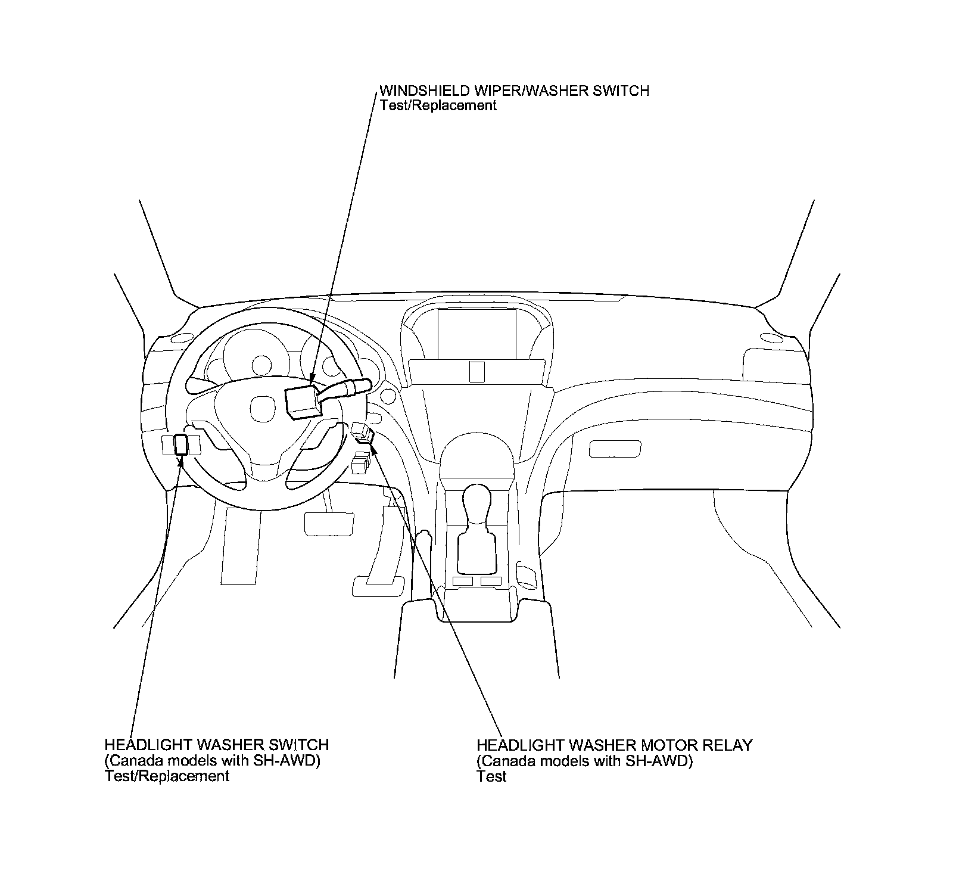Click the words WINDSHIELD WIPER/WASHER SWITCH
click(514, 91)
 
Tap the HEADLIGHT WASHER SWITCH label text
click(216, 745)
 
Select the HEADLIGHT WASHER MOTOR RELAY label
click(614, 745)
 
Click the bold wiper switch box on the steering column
click(303, 401)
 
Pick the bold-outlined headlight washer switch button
click(180, 444)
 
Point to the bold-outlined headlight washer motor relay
click(365, 437)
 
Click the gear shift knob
click(476, 502)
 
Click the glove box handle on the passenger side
click(615, 449)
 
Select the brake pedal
click(329, 523)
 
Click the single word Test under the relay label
click(491, 776)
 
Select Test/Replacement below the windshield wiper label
click(438, 106)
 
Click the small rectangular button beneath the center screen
click(476, 371)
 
